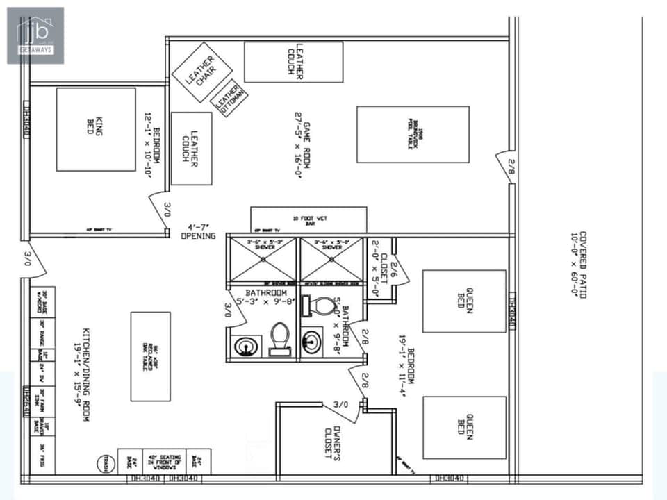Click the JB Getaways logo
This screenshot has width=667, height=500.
35,35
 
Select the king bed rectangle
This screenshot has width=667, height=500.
96,129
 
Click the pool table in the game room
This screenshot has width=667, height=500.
413,134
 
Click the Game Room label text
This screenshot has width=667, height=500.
302,144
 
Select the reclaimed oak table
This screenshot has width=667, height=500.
150,356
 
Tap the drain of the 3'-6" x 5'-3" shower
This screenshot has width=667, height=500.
263,259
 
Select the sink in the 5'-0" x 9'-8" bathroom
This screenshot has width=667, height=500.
312,342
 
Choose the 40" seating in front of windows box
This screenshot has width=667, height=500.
164,462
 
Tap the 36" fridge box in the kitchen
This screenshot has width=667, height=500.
42,458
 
